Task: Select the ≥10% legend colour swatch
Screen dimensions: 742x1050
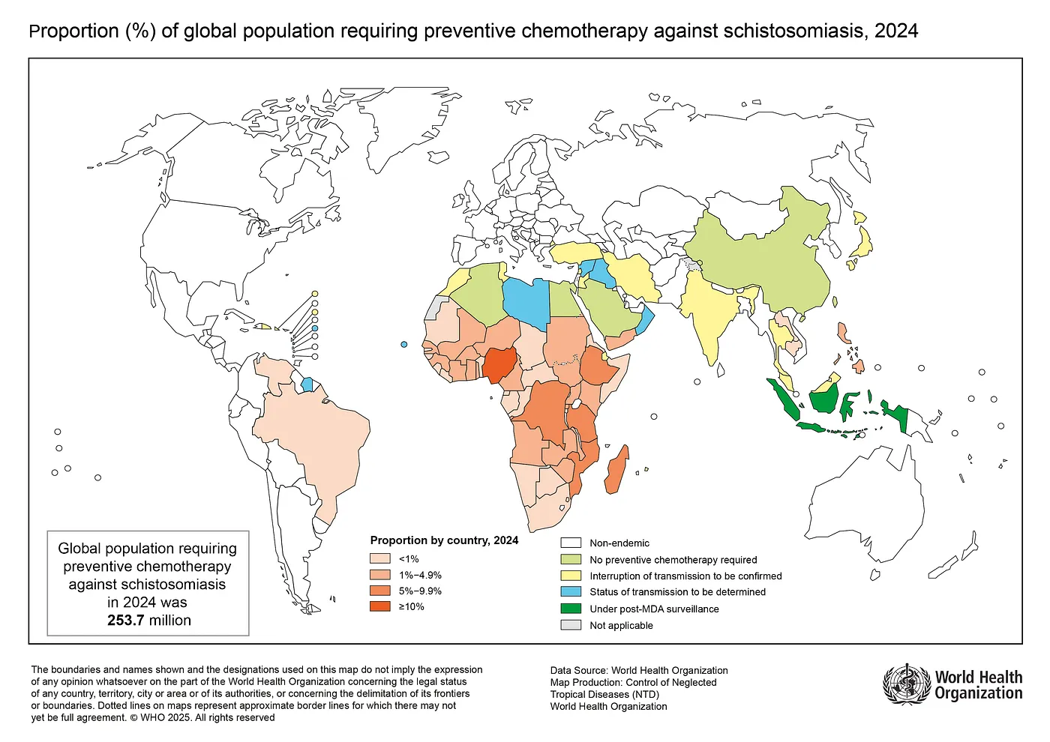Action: (x=380, y=606)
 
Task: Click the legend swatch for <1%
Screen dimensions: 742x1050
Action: (x=380, y=558)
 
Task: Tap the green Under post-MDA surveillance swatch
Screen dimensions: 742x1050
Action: (x=571, y=609)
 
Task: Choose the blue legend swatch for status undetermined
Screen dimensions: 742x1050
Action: (x=571, y=592)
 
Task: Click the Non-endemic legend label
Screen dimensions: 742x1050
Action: (x=619, y=543)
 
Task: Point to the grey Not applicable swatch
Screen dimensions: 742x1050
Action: (x=571, y=625)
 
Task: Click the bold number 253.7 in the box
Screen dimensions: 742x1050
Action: (x=125, y=621)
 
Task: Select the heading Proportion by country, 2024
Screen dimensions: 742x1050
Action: (x=444, y=540)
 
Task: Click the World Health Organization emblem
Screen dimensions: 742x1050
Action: (x=906, y=684)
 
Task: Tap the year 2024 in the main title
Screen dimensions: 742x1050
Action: (x=895, y=31)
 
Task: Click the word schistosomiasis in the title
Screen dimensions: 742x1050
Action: (x=795, y=31)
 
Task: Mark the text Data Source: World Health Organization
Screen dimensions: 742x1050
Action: (x=639, y=671)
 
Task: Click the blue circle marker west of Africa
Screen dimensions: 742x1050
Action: (x=404, y=344)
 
